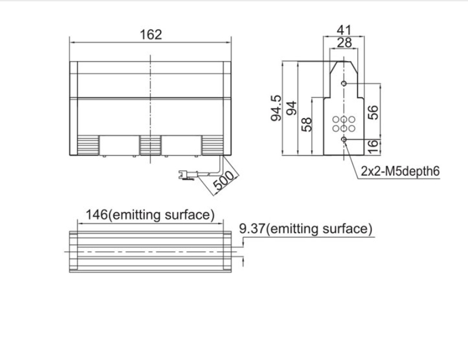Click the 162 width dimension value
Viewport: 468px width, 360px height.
coord(151,35)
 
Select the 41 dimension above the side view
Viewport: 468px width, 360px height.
coord(344,30)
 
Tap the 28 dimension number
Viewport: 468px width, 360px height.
coord(344,43)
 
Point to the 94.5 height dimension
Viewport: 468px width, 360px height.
coord(276,108)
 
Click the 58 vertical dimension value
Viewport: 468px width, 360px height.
coord(306,124)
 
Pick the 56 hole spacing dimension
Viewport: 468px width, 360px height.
coord(373,112)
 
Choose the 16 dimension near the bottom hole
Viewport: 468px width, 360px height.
coord(373,147)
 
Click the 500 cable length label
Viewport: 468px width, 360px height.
coord(225,180)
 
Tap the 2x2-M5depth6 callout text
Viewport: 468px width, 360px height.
coord(400,172)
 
